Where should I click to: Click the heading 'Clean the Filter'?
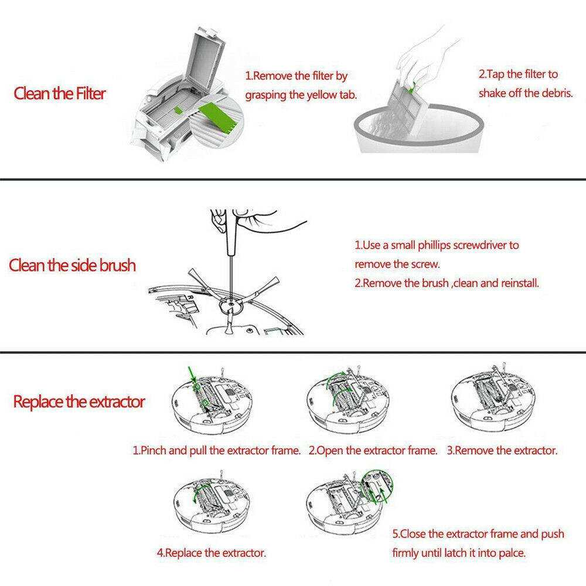pos(60,93)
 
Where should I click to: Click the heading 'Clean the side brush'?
pos(72,265)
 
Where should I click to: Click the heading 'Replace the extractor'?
pos(79,402)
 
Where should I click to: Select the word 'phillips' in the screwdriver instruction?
pos(434,246)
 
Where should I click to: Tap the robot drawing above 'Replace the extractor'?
pos(212,502)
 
